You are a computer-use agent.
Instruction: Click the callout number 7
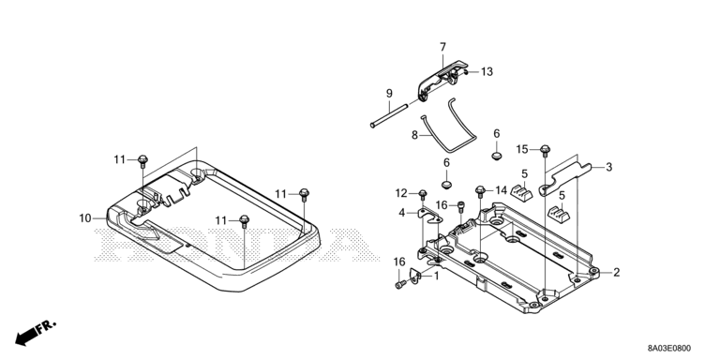tap(442, 47)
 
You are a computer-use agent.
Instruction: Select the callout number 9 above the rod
tap(389, 94)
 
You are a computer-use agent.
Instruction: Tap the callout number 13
tap(487, 71)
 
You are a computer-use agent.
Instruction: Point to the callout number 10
tap(85, 218)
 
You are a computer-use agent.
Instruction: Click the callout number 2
tap(616, 273)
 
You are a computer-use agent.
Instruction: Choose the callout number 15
tap(522, 149)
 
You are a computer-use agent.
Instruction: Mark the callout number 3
tap(608, 167)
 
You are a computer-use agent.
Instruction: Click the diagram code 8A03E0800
tap(669, 349)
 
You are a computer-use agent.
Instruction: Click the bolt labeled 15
tap(545, 150)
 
